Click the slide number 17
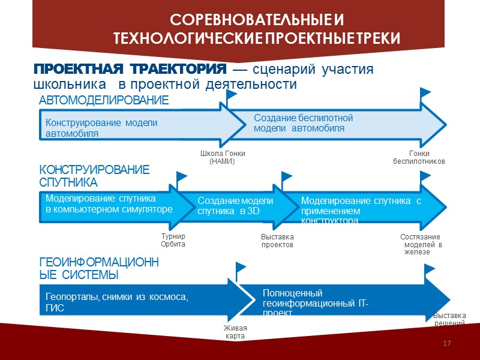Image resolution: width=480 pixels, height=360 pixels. tap(446, 343)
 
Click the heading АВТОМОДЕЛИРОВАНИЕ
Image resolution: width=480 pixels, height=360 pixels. tap(104, 100)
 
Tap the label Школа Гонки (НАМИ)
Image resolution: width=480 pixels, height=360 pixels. tap(222, 158)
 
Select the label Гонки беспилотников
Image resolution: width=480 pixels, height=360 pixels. tap(419, 157)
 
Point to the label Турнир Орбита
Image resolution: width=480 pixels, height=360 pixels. tap(173, 241)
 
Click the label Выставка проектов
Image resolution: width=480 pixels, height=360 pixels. tap(277, 241)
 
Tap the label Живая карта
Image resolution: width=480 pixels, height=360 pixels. tap(235, 332)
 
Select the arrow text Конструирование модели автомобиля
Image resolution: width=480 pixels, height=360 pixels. tap(101, 128)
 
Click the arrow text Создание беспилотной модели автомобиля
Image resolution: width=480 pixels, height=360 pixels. tap(304, 123)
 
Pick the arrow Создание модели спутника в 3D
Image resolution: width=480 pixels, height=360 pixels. tap(235, 206)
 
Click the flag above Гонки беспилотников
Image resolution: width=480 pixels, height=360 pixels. tap(425, 95)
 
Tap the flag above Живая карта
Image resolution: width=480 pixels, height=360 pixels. tap(241, 269)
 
